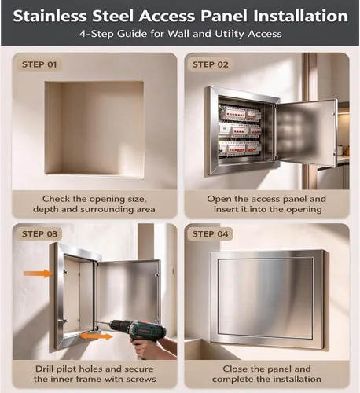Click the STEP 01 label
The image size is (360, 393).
coord(39,64)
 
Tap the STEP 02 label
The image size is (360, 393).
coord(211,64)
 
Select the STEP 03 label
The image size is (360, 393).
coord(39,234)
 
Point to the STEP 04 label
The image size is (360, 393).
coord(211,234)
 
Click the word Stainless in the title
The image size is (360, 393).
coord(50,16)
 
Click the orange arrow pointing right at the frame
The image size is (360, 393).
coord(39,274)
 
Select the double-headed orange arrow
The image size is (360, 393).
coord(96,336)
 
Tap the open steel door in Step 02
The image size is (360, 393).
coord(305,133)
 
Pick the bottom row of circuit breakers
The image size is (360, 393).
coord(240,149)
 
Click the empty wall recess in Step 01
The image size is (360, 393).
coord(94,128)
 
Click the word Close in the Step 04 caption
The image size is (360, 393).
coord(235,369)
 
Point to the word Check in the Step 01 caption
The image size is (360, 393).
coord(57,199)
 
